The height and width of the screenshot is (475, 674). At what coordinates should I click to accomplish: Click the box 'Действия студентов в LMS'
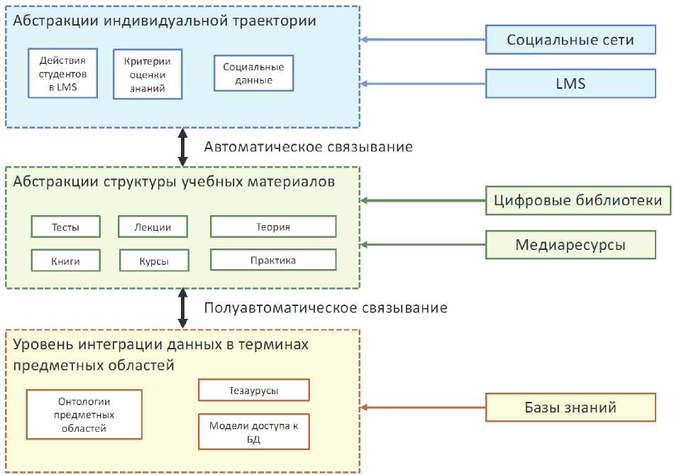[x=62, y=73]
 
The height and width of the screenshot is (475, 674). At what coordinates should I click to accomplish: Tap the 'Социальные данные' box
[x=253, y=73]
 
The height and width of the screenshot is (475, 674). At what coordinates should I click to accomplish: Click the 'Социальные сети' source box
[x=570, y=40]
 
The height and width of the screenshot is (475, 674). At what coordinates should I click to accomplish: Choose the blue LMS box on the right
[x=570, y=84]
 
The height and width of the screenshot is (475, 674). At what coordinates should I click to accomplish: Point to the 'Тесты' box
[x=65, y=227]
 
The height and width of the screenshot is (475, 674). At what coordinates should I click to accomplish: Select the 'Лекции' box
[x=153, y=227]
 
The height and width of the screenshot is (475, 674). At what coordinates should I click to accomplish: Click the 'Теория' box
[x=273, y=227]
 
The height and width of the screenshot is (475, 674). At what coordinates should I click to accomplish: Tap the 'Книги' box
[x=65, y=261]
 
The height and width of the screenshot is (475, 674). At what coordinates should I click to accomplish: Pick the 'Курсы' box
[x=154, y=261]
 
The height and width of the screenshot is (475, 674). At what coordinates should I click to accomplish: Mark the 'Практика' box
[x=273, y=260]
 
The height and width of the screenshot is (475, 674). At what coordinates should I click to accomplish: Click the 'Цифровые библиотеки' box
[x=578, y=201]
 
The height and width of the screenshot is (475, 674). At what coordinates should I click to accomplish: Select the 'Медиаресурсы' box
[x=570, y=245]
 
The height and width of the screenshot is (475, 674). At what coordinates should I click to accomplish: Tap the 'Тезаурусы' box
[x=253, y=391]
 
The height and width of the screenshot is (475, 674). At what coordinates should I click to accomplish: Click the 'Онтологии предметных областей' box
[x=84, y=413]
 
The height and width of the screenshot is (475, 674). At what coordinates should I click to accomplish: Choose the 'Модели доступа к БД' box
[x=253, y=432]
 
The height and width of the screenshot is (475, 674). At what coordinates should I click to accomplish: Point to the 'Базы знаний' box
[x=570, y=407]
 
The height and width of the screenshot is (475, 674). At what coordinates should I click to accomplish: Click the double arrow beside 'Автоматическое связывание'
[x=183, y=147]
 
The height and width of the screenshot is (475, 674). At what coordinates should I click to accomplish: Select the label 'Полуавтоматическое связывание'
[x=326, y=308]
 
